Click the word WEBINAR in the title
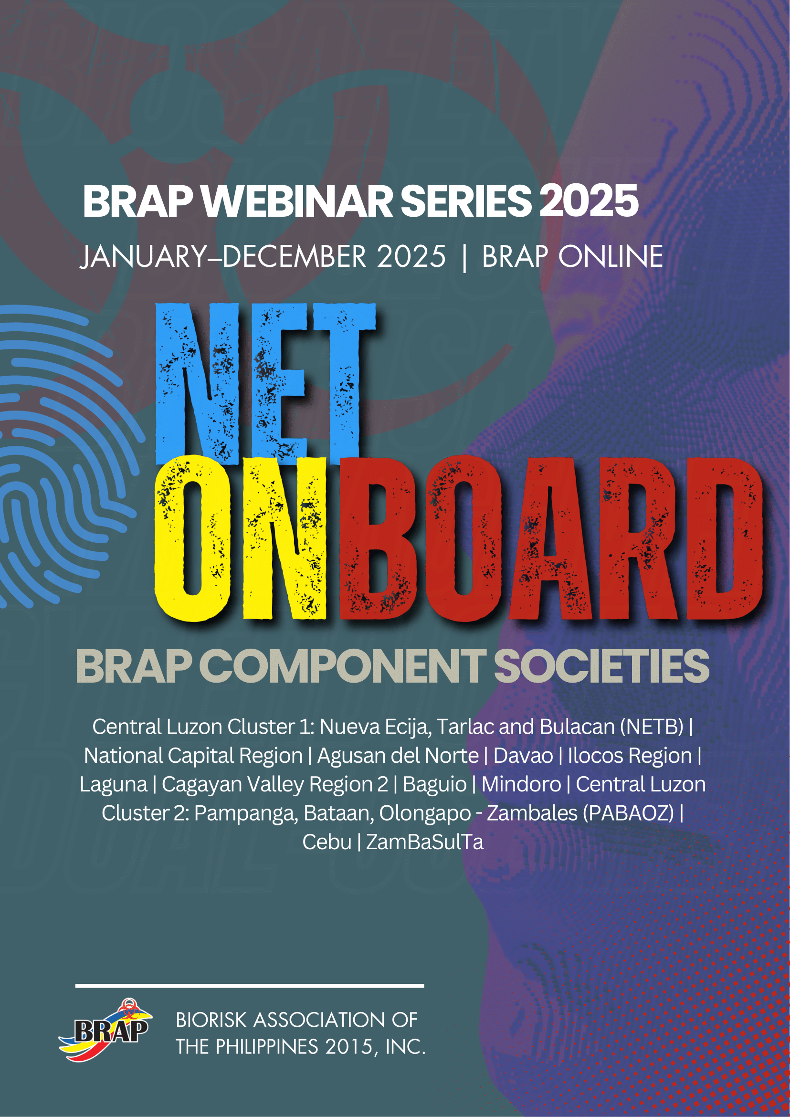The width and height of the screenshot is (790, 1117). click(x=298, y=201)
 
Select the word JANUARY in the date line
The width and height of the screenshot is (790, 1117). click(x=143, y=256)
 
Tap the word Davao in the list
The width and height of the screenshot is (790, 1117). click(x=523, y=756)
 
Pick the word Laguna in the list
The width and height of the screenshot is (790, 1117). click(x=113, y=784)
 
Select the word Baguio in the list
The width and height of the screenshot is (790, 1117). click(x=434, y=784)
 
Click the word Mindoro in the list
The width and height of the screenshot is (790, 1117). click(x=521, y=784)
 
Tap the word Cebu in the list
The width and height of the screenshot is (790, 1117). click(x=327, y=842)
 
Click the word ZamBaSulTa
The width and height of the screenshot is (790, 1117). click(x=425, y=842)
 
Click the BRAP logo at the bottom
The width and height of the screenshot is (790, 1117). click(x=106, y=1030)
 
